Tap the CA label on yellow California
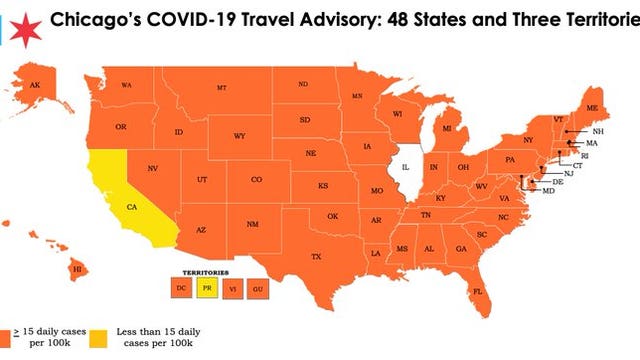130,207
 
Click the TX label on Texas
316,257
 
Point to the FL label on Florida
478,292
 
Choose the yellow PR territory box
207,288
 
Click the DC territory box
181,288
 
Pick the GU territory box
258,288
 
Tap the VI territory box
233,288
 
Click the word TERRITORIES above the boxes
196,271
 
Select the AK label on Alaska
34,86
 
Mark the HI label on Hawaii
74,268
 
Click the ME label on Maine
591,107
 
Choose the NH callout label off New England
598,132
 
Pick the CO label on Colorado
256,179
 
